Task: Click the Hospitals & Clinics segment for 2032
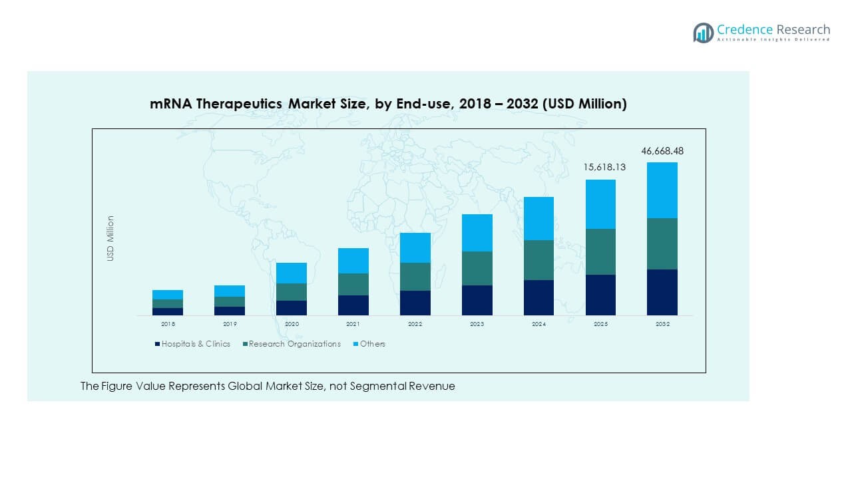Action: pyautogui.click(x=662, y=292)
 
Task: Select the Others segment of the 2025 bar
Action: pyautogui.click(x=600, y=204)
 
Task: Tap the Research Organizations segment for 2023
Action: pyautogui.click(x=477, y=268)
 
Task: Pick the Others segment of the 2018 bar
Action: pyautogui.click(x=168, y=295)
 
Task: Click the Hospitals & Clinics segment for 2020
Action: pyautogui.click(x=292, y=308)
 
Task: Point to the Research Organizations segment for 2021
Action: pyautogui.click(x=353, y=284)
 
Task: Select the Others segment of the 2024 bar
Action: pyautogui.click(x=538, y=218)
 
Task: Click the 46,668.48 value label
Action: pyautogui.click(x=662, y=151)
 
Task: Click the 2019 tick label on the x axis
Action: pyautogui.click(x=230, y=324)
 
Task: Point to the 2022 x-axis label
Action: pyautogui.click(x=415, y=324)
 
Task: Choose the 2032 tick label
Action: pyautogui.click(x=662, y=324)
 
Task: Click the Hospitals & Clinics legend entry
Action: pyautogui.click(x=192, y=344)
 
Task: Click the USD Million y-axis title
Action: pyautogui.click(x=111, y=238)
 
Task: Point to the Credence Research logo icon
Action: pyautogui.click(x=703, y=33)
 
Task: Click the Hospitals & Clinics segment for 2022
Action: pyautogui.click(x=415, y=303)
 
